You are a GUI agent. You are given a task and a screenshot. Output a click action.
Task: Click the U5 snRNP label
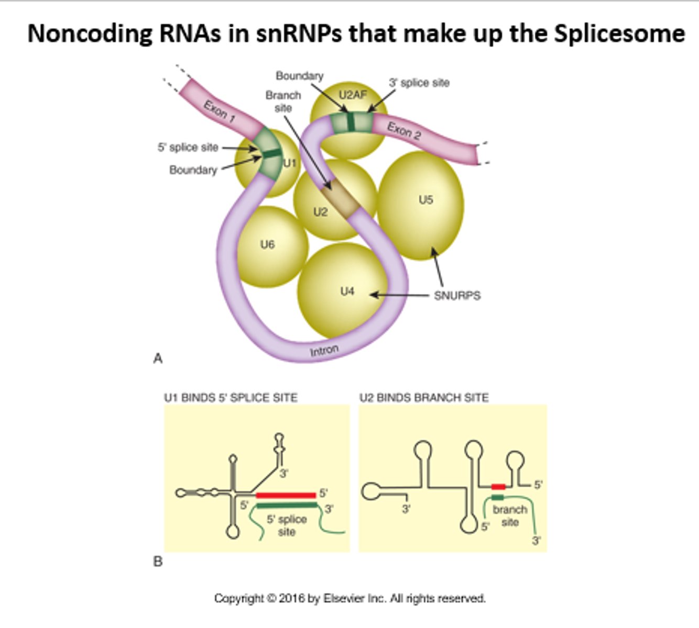tap(425, 199)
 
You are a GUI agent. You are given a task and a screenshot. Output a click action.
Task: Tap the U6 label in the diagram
tap(267, 244)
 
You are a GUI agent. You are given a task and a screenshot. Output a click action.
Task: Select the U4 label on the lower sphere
tap(347, 291)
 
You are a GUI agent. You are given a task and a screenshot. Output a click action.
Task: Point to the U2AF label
tap(353, 95)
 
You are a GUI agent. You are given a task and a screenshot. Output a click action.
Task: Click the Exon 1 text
tap(219, 111)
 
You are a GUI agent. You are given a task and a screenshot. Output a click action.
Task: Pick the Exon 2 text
tap(404, 130)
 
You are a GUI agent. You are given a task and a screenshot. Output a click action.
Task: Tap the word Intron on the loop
tap(324, 350)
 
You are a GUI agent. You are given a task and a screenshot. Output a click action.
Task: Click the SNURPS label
tap(457, 296)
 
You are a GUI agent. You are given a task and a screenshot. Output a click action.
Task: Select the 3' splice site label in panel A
tap(419, 83)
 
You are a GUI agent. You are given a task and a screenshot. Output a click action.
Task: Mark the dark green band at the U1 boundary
tap(271, 154)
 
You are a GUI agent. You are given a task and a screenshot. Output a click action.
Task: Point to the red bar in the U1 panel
tap(286, 495)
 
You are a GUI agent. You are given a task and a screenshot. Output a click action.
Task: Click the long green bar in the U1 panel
tap(287, 505)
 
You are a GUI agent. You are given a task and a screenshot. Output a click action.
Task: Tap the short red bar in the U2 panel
tap(498, 487)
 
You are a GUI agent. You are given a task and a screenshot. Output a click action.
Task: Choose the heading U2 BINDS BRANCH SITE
tap(423, 398)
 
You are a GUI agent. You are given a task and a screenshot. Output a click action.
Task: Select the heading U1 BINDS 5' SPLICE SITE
tap(231, 398)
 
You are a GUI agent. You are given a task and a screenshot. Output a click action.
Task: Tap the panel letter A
tap(158, 358)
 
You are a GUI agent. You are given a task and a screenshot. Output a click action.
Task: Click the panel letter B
tap(158, 562)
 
